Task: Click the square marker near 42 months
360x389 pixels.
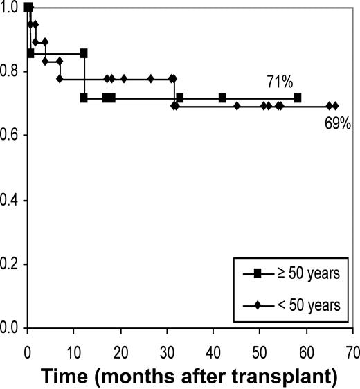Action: tap(222, 98)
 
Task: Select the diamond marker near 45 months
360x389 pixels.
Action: tap(237, 106)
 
